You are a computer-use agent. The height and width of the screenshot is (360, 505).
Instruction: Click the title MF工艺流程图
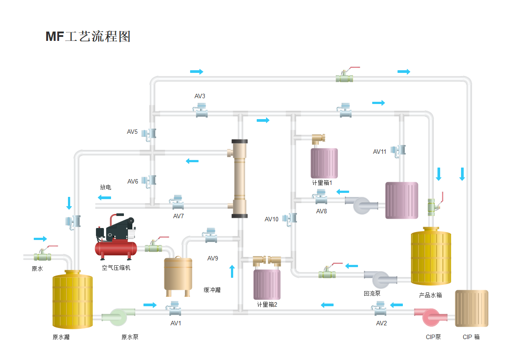(88, 36)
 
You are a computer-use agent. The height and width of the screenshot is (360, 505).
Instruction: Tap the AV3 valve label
(200, 96)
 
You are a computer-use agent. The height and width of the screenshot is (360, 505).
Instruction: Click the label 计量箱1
(322, 182)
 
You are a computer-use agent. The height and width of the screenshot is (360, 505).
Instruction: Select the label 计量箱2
(267, 304)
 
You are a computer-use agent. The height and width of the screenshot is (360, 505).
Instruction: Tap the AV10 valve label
(271, 219)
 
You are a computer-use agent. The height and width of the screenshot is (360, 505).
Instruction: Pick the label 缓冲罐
(212, 290)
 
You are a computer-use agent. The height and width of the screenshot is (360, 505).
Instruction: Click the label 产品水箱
(430, 295)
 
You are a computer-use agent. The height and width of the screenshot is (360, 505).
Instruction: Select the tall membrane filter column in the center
(239, 179)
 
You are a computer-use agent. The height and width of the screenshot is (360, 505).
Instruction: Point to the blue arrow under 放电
(105, 197)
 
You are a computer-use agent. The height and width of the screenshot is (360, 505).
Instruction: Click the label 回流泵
(372, 293)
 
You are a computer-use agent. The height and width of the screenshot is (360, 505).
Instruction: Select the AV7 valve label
(179, 216)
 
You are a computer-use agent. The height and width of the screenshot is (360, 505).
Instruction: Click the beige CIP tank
(471, 308)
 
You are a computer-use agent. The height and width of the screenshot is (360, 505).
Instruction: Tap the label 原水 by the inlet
(37, 268)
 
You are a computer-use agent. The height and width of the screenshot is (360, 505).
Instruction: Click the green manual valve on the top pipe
(345, 77)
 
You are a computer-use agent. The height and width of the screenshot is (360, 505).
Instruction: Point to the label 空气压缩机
(116, 268)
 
